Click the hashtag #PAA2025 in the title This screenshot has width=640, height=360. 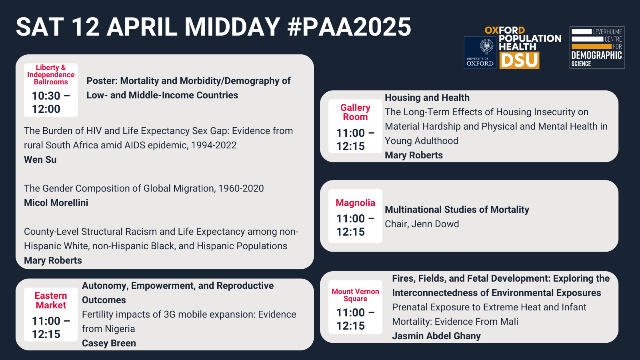click(349, 27)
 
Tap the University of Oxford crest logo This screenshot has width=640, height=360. click(480, 52)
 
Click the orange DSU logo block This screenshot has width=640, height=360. click(519, 60)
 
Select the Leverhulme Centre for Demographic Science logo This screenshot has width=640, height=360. click(597, 48)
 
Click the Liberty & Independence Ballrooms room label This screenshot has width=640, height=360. click(51, 75)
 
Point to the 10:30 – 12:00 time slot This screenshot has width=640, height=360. click(51, 102)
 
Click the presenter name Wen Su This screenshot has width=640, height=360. click(40, 160)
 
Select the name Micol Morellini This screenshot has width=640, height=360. click(56, 202)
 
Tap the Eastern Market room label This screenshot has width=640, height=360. click(51, 300)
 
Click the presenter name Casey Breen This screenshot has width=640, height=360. click(109, 343)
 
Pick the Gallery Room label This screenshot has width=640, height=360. click(355, 112)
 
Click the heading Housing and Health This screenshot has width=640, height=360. click(427, 98)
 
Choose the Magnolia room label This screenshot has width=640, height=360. click(355, 202)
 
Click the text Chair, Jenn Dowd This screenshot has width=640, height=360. click(422, 224)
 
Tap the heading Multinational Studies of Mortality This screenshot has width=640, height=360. click(457, 210)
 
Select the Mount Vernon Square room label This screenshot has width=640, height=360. click(355, 295)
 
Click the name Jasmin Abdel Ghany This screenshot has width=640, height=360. click(436, 336)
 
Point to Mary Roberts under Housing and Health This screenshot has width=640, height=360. click(414, 155)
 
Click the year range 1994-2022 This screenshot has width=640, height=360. click(214, 145)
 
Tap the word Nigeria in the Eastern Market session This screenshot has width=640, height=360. click(120, 329)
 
